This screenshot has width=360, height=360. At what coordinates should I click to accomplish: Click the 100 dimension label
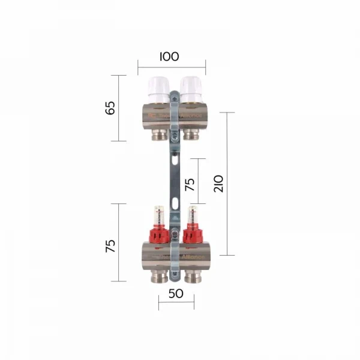coord(169,57)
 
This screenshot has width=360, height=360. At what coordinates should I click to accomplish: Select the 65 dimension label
coord(110,108)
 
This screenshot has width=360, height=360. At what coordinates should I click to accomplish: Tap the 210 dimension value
coord(218,184)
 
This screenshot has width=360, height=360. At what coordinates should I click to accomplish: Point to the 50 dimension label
coord(175,295)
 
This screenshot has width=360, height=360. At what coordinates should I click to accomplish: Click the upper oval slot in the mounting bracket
coord(174,161)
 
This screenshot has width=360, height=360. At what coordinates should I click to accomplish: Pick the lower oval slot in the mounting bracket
coord(174,203)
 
